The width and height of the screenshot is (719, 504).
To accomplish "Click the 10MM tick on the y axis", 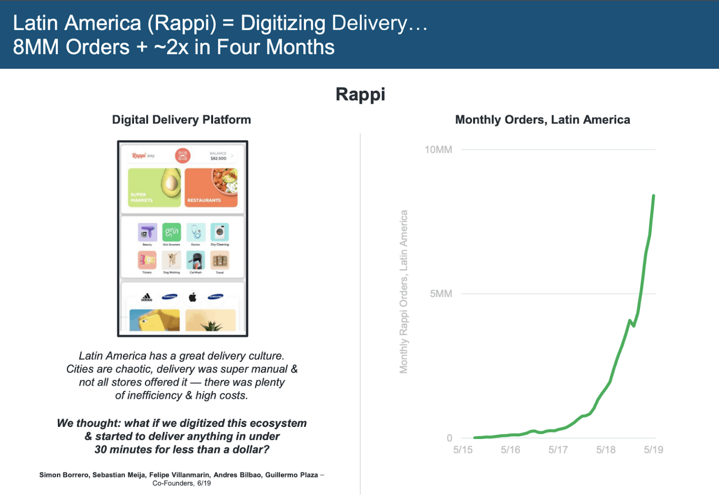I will click(x=438, y=150).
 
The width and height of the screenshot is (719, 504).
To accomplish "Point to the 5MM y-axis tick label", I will click(x=441, y=294).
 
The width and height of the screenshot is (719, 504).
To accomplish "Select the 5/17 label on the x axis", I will click(x=558, y=450).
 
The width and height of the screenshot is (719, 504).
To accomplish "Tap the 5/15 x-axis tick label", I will click(x=462, y=450).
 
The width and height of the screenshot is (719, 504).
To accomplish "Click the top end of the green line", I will click(x=653, y=196).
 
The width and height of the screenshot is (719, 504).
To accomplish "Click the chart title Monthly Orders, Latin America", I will click(x=543, y=120).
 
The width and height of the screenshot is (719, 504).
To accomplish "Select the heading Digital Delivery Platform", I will click(x=181, y=120).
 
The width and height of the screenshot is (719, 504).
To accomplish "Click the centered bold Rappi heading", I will click(x=360, y=94).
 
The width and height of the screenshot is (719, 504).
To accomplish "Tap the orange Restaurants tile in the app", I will click(x=211, y=187).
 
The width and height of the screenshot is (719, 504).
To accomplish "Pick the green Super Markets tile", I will click(x=154, y=187).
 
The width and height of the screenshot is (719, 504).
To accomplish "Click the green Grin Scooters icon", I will click(x=171, y=232).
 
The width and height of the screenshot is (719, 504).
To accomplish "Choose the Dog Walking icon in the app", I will click(x=171, y=260).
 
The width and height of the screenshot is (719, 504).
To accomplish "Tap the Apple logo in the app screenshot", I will click(x=192, y=297).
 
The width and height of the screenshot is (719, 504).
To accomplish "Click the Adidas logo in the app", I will click(x=147, y=297).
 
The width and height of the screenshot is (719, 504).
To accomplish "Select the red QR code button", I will click(x=183, y=156).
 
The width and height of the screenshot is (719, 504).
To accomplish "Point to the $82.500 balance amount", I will click(x=218, y=158).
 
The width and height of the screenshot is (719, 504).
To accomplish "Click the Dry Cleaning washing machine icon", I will click(x=220, y=232).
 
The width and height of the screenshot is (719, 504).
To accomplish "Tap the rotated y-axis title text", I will click(x=404, y=292).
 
